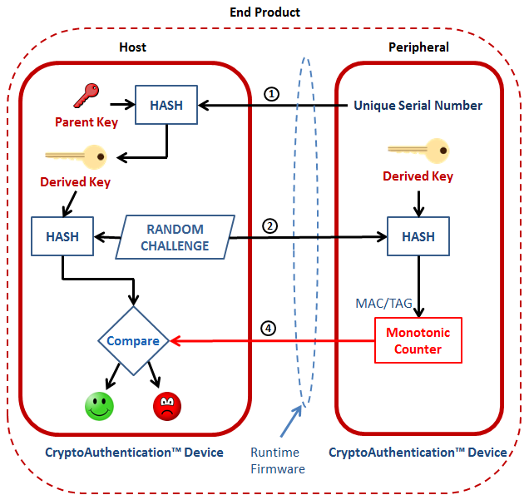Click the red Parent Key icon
click(x=86, y=97)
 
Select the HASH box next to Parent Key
click(x=166, y=105)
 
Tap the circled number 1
click(x=271, y=93)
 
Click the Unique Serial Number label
click(x=418, y=106)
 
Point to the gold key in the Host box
click(x=77, y=155)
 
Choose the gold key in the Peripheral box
click(x=418, y=151)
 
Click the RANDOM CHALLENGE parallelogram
click(x=175, y=237)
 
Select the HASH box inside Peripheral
click(x=418, y=237)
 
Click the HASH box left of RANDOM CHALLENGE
click(x=62, y=237)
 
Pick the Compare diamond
click(x=134, y=340)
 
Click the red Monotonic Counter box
click(x=418, y=340)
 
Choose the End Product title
click(x=264, y=12)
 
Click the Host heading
click(x=133, y=47)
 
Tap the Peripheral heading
click(x=418, y=47)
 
